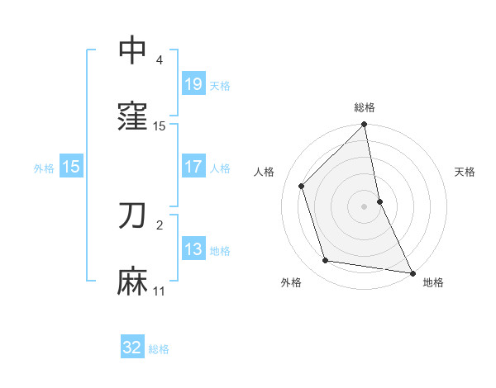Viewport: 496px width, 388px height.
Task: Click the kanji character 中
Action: pyautogui.click(x=133, y=51)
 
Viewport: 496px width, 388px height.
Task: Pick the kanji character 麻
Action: pyautogui.click(x=133, y=282)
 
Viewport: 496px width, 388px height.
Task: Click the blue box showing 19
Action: pyautogui.click(x=193, y=84)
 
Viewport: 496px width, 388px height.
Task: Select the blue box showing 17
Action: pyautogui.click(x=193, y=167)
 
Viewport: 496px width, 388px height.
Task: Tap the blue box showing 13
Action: pyautogui.click(x=193, y=249)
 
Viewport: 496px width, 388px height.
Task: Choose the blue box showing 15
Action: pyautogui.click(x=71, y=167)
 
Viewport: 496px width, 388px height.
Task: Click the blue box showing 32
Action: pyautogui.click(x=132, y=348)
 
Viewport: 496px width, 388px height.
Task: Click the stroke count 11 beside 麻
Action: pyautogui.click(x=160, y=291)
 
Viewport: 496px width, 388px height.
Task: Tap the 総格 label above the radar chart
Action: pyautogui.click(x=365, y=108)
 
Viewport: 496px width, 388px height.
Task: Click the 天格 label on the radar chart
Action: pyautogui.click(x=465, y=172)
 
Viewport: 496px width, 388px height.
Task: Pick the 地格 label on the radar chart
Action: pyautogui.click(x=433, y=283)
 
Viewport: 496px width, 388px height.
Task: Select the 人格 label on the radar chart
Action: pyautogui.click(x=265, y=172)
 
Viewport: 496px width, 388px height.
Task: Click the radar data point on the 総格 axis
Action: pyautogui.click(x=365, y=125)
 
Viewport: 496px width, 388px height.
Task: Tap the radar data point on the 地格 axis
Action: pyautogui.click(x=412, y=272)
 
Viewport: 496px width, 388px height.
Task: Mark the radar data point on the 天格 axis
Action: pyautogui.click(x=379, y=201)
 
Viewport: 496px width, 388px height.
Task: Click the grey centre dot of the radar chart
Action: pyautogui.click(x=365, y=206)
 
